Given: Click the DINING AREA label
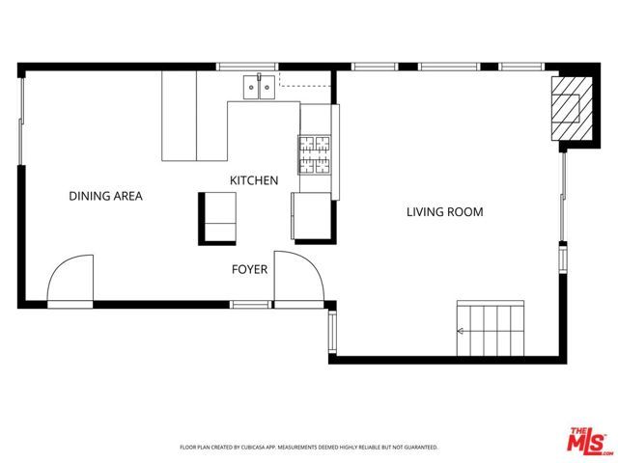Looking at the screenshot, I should click(105, 196).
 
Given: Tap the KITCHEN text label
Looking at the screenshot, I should click(254, 180).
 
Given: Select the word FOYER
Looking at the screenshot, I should click(248, 269).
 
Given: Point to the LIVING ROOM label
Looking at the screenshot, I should click(444, 212).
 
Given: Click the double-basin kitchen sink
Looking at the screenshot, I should click(257, 89).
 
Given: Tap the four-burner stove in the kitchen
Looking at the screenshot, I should click(313, 152).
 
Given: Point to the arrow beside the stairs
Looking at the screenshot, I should click(462, 332).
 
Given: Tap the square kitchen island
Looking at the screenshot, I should click(217, 215).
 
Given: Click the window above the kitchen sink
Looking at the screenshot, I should click(246, 67).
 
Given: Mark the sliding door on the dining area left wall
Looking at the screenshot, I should click(21, 121).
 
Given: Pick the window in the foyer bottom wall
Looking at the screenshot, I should click(249, 305).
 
